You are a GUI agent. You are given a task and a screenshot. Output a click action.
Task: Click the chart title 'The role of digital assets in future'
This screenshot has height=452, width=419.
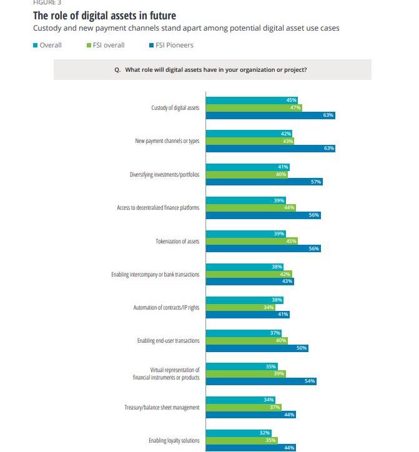(x=104, y=16)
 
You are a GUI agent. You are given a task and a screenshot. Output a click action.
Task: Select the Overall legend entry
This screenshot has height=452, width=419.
(x=47, y=45)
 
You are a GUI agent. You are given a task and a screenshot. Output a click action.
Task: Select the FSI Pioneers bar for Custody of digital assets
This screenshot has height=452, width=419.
(x=270, y=115)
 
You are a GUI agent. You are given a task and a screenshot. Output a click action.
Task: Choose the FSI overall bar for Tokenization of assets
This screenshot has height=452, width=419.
(x=251, y=240)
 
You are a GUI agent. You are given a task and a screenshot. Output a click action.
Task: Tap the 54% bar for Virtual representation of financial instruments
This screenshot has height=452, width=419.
(x=260, y=381)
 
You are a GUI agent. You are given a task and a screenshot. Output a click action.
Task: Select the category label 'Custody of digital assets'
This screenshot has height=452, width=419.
(x=175, y=108)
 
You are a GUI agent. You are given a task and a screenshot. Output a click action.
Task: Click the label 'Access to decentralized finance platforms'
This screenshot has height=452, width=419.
(x=158, y=207)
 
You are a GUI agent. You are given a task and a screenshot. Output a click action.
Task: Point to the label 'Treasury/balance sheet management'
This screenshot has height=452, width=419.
(x=162, y=408)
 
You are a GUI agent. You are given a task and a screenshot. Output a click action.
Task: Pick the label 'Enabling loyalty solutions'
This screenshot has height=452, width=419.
(x=174, y=441)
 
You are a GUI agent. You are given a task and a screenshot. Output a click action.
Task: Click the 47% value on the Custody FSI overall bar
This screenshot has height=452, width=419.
(x=295, y=107)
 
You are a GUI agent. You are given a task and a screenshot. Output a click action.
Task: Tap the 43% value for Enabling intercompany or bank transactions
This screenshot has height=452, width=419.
(x=287, y=281)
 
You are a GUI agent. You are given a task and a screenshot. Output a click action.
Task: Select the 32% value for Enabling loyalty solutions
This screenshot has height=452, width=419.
(x=265, y=433)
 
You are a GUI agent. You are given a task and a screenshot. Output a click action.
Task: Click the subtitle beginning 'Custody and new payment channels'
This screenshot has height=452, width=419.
(x=186, y=28)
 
